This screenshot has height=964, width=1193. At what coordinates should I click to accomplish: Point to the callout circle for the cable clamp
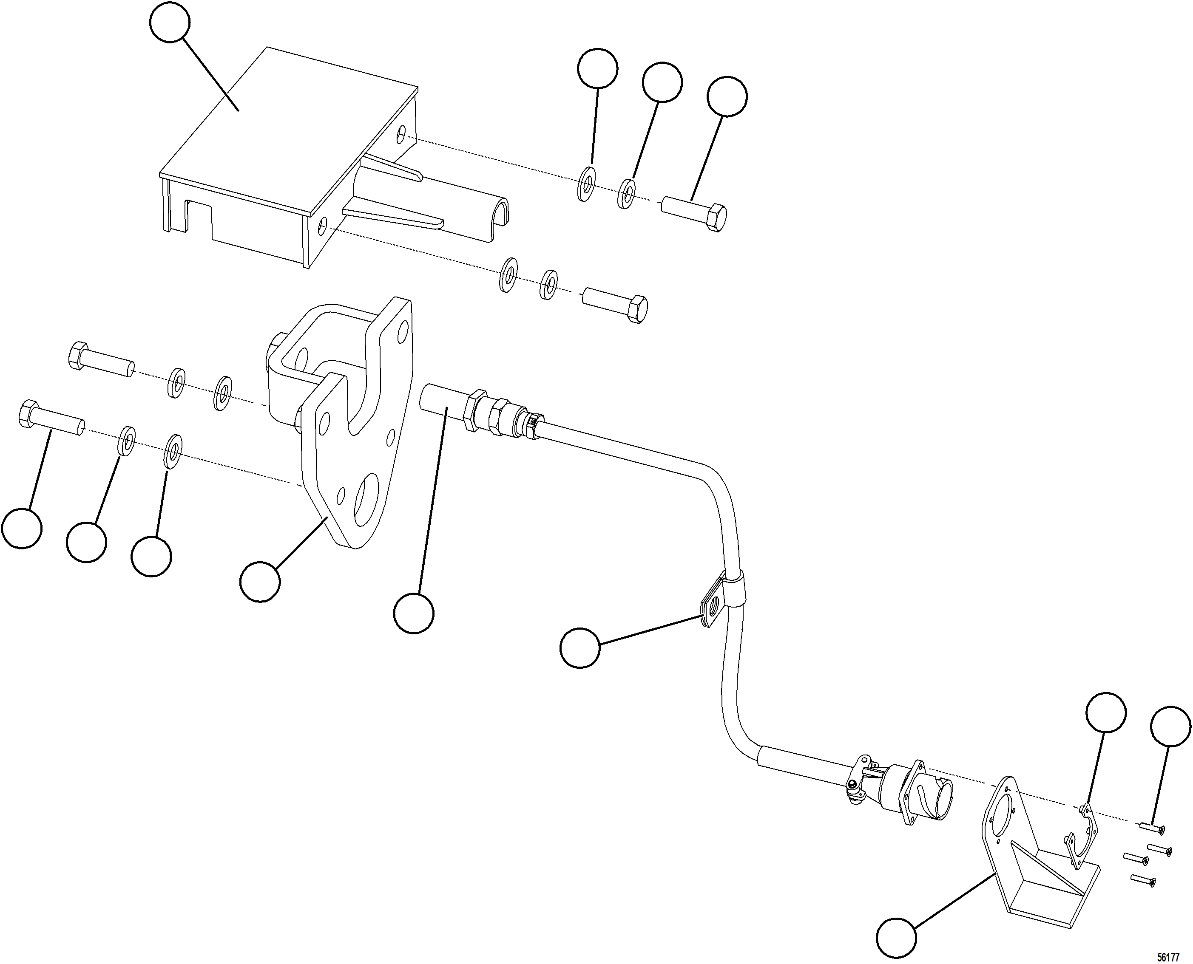(x=580, y=647)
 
